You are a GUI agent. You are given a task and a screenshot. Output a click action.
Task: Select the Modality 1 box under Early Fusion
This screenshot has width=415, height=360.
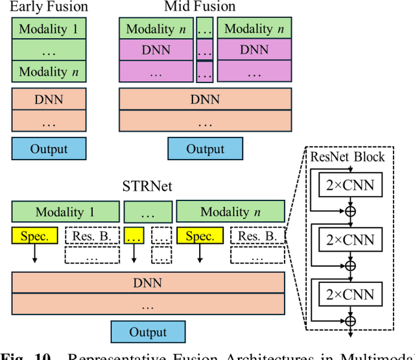49,29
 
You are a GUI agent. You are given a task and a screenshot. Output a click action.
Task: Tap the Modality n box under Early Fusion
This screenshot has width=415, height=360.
49,71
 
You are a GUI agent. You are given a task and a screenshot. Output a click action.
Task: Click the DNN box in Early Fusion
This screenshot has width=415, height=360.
49,100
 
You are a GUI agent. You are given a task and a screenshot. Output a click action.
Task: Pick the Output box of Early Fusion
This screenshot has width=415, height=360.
49,149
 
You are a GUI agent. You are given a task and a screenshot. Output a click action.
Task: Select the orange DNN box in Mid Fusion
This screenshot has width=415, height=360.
205,100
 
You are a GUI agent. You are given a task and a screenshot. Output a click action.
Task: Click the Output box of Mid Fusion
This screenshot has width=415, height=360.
205,149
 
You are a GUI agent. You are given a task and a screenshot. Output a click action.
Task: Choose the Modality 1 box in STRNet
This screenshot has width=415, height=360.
65,212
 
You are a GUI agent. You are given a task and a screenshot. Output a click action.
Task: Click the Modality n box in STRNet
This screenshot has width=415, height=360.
230,212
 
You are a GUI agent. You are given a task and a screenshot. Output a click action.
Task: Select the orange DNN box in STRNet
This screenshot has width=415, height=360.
148,283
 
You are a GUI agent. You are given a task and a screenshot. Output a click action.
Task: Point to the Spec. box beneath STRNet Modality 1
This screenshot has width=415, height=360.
35,236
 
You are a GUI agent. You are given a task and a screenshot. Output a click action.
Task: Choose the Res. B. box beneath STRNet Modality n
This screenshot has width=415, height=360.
257,236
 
